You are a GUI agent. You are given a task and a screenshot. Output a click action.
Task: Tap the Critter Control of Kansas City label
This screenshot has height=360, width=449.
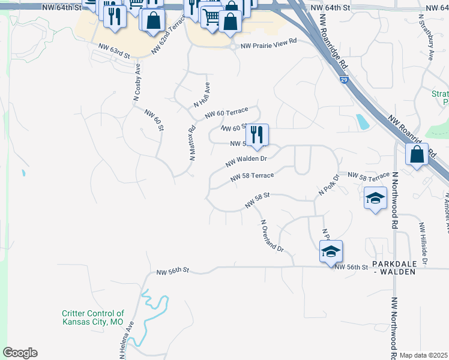(x=92, y=317)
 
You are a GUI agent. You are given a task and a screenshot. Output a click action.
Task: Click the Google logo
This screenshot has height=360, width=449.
(x=20, y=353)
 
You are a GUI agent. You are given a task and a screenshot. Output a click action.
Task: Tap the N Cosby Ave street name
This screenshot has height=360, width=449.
(x=137, y=81)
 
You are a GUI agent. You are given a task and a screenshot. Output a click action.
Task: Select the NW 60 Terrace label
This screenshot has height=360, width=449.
(x=226, y=112)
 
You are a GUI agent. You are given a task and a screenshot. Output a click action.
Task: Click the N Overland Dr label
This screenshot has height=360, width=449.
(x=271, y=235)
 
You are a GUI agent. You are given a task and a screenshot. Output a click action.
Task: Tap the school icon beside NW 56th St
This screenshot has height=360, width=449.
(x=331, y=251)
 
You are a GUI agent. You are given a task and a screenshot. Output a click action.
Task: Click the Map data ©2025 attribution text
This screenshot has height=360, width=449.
(x=424, y=355)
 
